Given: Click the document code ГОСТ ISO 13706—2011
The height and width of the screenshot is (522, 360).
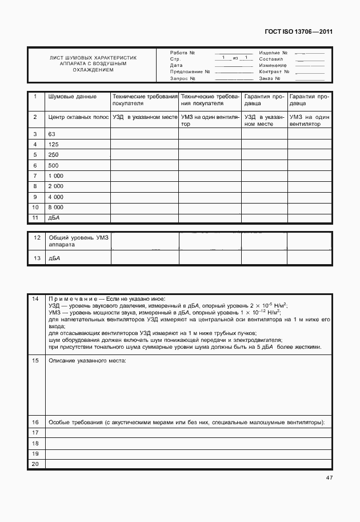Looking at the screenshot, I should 298,31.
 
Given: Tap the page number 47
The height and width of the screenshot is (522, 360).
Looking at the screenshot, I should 329,477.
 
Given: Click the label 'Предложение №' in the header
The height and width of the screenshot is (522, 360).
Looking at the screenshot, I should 190,72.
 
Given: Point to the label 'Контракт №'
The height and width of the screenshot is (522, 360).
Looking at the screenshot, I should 274,72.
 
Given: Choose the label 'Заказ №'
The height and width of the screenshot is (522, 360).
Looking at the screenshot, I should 270,78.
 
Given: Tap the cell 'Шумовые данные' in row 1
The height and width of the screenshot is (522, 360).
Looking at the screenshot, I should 72,97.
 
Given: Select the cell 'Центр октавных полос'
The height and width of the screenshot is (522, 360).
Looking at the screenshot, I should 78,117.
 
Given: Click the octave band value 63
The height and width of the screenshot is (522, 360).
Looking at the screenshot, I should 52,134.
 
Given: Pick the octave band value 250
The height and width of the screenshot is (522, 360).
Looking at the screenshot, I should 53,155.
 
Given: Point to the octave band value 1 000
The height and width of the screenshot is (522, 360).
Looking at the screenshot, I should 56,176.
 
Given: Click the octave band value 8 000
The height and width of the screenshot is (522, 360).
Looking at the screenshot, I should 56,207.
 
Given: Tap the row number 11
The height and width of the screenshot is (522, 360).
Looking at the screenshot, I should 35,218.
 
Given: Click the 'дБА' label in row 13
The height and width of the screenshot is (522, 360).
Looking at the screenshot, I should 54,259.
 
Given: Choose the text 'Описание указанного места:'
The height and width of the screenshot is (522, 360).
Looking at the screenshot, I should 87,361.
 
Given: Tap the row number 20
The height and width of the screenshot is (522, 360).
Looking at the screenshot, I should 35,463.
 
